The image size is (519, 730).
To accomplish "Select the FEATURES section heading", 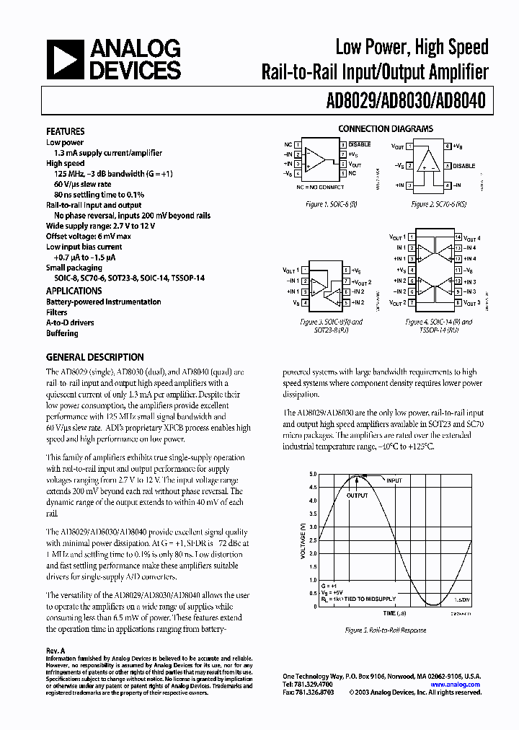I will (x=66, y=131).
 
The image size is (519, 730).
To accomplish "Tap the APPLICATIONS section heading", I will (x=74, y=291).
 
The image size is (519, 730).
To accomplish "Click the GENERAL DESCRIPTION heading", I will (x=94, y=357).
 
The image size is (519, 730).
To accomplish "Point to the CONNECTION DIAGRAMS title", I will (x=385, y=128).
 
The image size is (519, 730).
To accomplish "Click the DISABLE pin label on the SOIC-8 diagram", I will (x=360, y=144).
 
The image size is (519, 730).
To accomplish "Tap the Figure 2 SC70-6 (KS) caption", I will (x=438, y=205).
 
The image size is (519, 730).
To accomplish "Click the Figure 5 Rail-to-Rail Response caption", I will (x=385, y=630).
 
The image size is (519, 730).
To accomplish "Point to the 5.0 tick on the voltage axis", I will (x=313, y=475).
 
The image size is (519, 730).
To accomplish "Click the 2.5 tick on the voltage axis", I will (x=313, y=540).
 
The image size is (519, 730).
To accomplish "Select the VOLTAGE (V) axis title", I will (x=303, y=541).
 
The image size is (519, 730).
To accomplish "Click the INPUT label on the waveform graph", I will (x=394, y=480).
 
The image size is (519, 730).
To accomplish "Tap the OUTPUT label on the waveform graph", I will (x=356, y=496).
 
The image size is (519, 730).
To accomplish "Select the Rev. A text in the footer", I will (x=56, y=650).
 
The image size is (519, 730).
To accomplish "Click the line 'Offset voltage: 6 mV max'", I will (x=89, y=236).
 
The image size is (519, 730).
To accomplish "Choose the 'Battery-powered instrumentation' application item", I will (x=104, y=302).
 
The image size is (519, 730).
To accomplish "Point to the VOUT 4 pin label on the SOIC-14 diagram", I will (x=471, y=237).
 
